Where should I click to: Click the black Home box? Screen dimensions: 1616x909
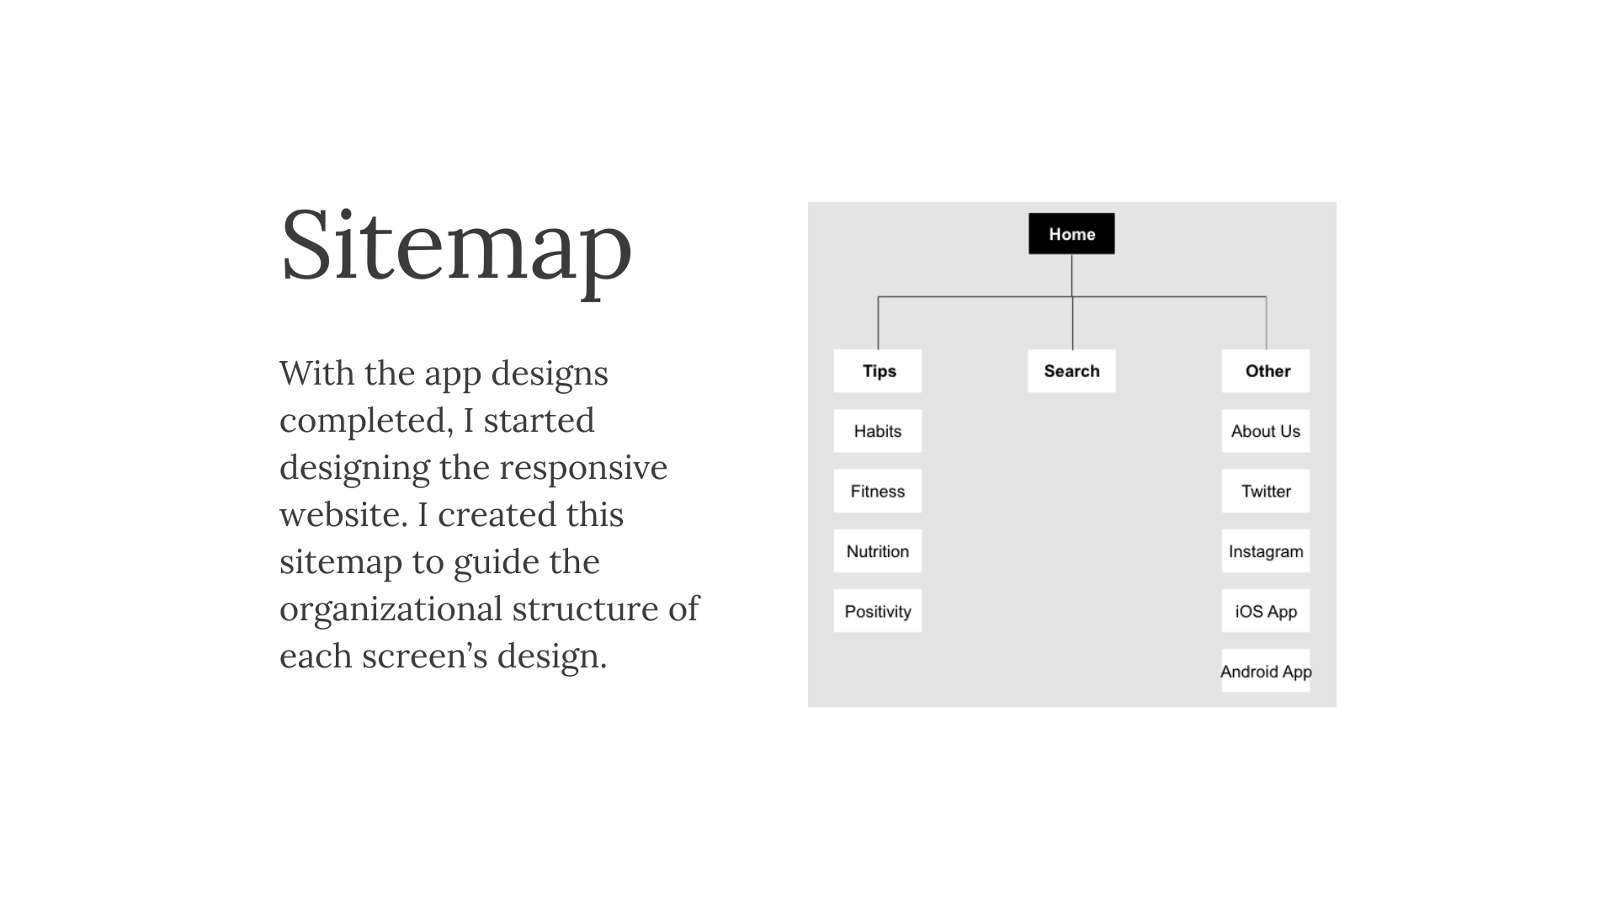tap(1071, 233)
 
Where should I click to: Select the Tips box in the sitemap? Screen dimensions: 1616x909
tap(878, 371)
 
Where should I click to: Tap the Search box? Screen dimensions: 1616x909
tap(1071, 371)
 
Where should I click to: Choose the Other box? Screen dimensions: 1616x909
tap(1266, 371)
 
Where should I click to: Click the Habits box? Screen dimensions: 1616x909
tap(878, 431)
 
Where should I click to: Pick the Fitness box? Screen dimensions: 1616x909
tap(878, 492)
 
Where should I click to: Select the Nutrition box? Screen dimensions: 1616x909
tap(878, 551)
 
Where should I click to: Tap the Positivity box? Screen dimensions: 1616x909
tap(878, 611)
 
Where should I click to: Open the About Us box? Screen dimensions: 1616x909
tap(1266, 431)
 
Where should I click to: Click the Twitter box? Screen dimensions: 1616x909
tap(1266, 492)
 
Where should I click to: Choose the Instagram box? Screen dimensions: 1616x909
tap(1266, 551)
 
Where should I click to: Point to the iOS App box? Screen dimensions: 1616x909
tap(1266, 611)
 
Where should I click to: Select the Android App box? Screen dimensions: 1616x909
tap(1266, 671)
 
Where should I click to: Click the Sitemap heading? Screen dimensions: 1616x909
tap(456, 246)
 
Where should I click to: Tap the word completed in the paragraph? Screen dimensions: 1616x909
tap(366, 422)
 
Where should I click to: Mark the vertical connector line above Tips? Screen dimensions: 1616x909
tap(878, 323)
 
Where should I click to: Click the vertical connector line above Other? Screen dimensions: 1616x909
tap(1266, 323)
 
